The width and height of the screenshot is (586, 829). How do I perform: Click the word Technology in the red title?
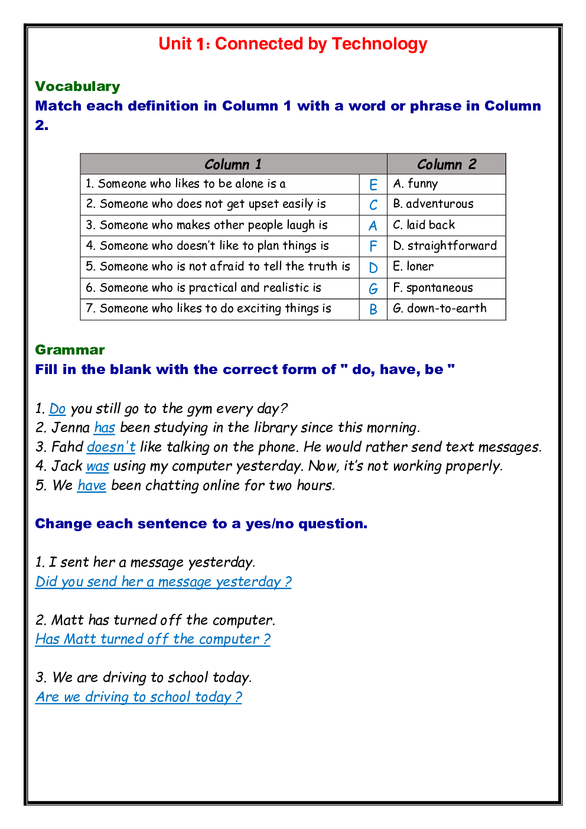click(x=379, y=44)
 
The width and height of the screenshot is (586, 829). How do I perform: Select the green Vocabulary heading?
click(x=77, y=87)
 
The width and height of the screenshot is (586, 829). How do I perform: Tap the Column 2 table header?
click(x=446, y=164)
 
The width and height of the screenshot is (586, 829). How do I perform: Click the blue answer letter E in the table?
click(x=373, y=185)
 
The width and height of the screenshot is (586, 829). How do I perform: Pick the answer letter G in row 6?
click(x=373, y=289)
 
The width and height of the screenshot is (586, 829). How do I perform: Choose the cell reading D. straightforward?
click(x=445, y=246)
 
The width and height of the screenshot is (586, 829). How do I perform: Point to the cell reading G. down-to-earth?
click(x=440, y=308)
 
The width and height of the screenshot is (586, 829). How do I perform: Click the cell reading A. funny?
click(x=416, y=184)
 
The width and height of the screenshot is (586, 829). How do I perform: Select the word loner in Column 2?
click(x=420, y=266)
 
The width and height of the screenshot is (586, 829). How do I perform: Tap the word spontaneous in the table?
click(x=439, y=288)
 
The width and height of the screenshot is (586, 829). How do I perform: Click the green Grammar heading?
click(x=70, y=350)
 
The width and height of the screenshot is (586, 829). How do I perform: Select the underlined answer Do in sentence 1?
click(x=57, y=409)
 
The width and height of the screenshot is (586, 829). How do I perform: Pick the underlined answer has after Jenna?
click(x=105, y=428)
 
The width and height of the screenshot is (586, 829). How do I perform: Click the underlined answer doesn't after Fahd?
click(x=111, y=447)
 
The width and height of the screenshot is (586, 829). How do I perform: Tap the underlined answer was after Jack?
click(x=97, y=467)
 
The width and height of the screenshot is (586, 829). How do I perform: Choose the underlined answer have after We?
click(x=92, y=486)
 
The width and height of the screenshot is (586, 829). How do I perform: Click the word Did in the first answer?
click(x=46, y=582)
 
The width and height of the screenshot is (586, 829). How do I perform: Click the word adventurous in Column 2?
click(x=439, y=204)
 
